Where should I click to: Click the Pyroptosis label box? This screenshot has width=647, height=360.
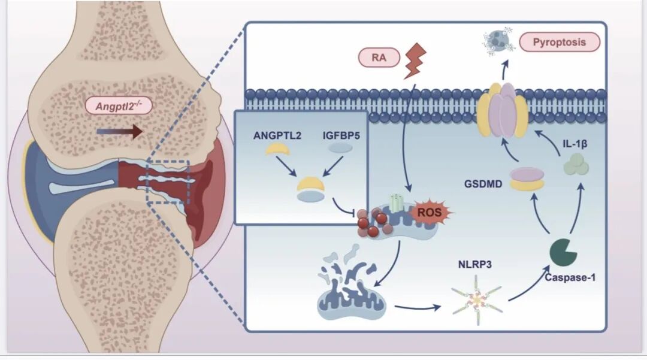click(x=560, y=42)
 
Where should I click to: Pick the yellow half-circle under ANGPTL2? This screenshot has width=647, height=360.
click(x=279, y=151)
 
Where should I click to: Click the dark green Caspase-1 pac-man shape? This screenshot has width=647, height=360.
click(x=563, y=251)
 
